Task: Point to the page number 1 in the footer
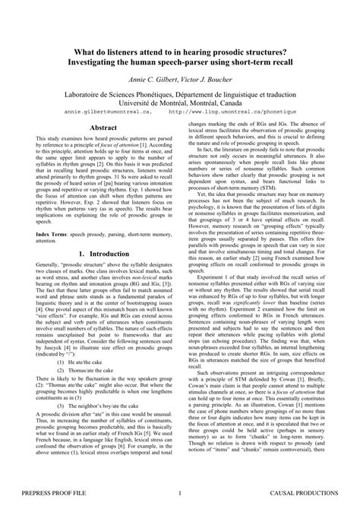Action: [179, 494]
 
